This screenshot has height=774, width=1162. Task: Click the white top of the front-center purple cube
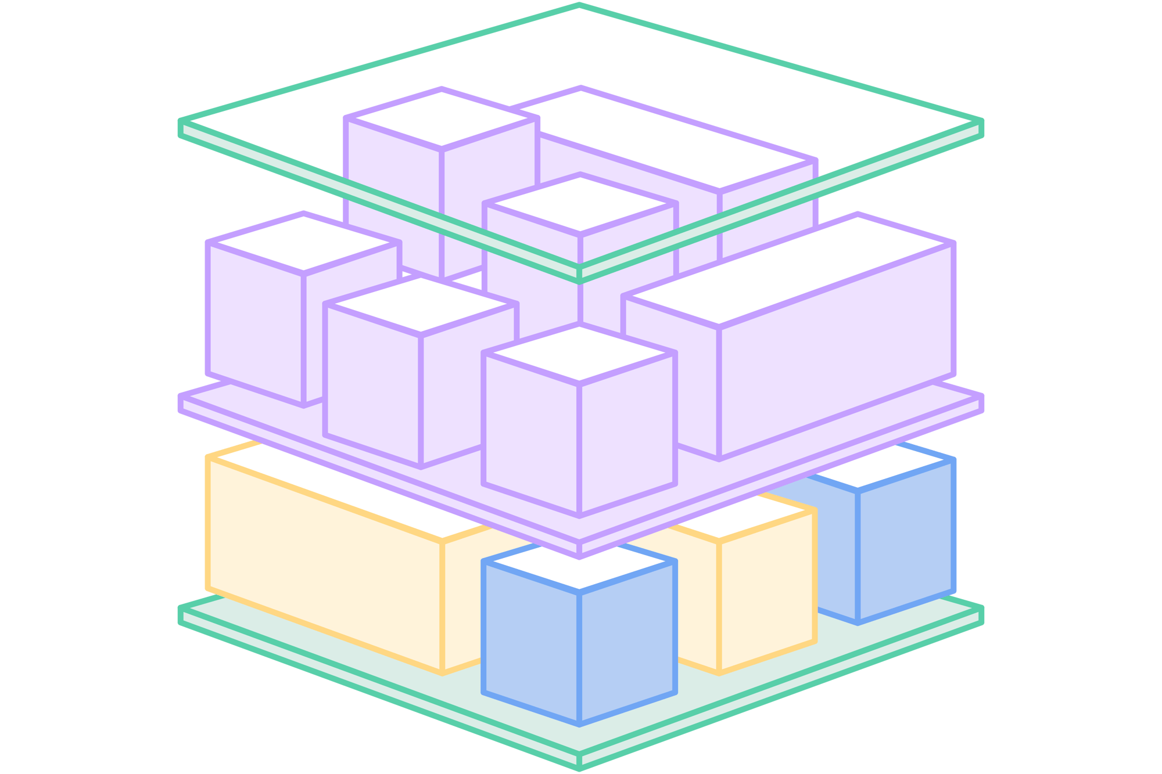[x=579, y=354]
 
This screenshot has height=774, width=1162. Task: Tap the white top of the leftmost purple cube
[x=303, y=242]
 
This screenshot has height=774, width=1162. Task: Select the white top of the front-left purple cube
[x=421, y=305]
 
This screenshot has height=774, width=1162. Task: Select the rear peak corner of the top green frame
[x=579, y=6]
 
